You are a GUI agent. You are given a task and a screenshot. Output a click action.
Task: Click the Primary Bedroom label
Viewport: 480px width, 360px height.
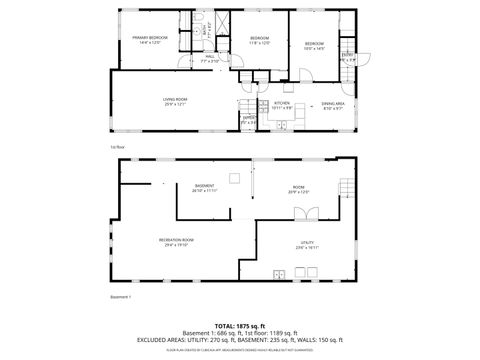[x=147, y=38]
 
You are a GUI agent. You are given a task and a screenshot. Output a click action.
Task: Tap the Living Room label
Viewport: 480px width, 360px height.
[x=176, y=100]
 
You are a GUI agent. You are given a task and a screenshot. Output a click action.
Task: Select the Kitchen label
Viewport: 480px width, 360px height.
[x=282, y=103]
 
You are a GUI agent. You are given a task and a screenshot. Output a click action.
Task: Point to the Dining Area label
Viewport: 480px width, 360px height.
[x=333, y=103]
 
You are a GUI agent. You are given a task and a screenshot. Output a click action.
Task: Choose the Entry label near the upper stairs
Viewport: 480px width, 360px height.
[x=347, y=57]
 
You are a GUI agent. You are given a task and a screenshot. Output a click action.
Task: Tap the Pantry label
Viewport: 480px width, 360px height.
[x=248, y=119]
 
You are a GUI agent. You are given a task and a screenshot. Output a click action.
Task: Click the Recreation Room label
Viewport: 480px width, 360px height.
[x=176, y=240]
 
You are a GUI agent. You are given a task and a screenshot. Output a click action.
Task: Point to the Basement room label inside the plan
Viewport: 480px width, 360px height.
[x=204, y=186]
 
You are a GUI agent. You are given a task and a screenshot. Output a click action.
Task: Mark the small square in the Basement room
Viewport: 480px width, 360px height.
[x=233, y=179]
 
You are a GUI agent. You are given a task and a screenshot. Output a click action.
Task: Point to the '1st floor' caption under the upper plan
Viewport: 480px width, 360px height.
[x=117, y=147]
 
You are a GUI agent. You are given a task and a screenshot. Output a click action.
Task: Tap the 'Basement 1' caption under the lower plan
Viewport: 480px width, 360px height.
[x=120, y=297]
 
